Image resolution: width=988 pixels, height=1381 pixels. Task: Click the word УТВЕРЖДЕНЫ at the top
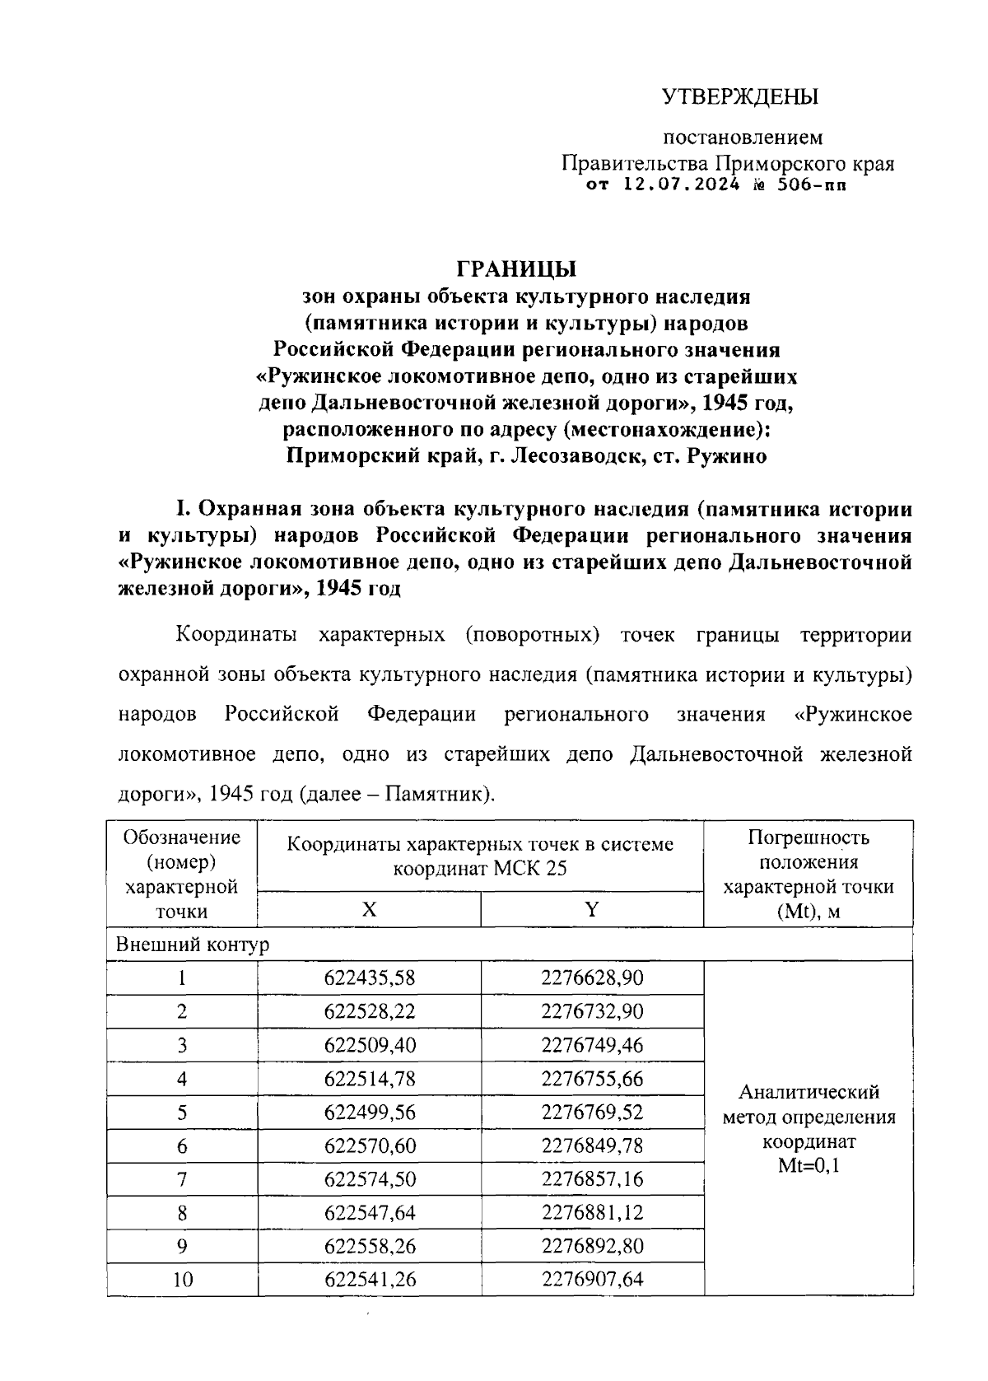(740, 97)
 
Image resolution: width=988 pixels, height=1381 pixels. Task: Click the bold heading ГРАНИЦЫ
(516, 269)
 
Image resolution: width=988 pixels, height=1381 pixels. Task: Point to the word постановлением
(743, 138)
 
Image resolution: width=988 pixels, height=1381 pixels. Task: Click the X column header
(369, 909)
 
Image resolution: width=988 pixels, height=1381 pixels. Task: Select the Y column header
(591, 909)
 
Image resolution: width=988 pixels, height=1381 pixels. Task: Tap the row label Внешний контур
(192, 945)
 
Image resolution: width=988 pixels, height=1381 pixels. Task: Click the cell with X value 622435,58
(370, 978)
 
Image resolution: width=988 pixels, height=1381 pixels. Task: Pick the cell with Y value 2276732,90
(592, 1012)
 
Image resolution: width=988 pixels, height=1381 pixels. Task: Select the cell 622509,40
(370, 1046)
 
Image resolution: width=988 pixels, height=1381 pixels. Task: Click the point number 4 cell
(182, 1079)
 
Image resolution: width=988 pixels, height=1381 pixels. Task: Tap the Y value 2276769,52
(592, 1113)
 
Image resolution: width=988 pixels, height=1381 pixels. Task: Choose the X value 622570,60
(370, 1146)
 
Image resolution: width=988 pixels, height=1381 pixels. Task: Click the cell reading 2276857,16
(592, 1179)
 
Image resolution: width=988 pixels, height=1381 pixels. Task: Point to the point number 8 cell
(182, 1213)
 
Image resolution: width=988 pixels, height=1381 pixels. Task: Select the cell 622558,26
(370, 1247)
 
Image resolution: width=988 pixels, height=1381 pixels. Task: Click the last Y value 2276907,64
(592, 1280)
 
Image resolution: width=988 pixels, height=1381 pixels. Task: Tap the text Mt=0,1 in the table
(809, 1166)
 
